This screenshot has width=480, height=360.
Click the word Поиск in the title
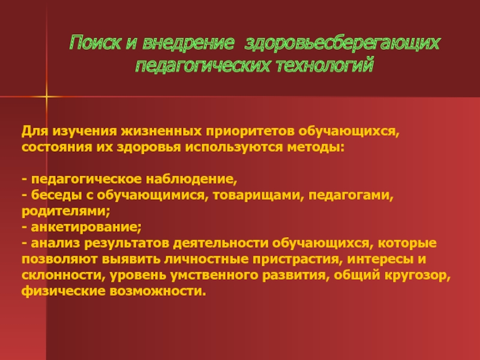(x=95, y=43)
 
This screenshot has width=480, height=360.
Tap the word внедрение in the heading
(x=188, y=43)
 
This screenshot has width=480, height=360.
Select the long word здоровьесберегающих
(x=342, y=43)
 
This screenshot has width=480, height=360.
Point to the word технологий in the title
(x=325, y=65)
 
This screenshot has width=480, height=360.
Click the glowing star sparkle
(x=47, y=97)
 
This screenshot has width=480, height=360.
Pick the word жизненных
(x=161, y=131)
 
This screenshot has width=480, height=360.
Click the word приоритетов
(x=250, y=132)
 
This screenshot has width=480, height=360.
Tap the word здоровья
(x=149, y=148)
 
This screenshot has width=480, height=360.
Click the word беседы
(x=56, y=196)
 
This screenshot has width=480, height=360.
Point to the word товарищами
(x=257, y=196)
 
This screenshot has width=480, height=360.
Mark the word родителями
(x=64, y=212)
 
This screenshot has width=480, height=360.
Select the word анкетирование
(x=85, y=227)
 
